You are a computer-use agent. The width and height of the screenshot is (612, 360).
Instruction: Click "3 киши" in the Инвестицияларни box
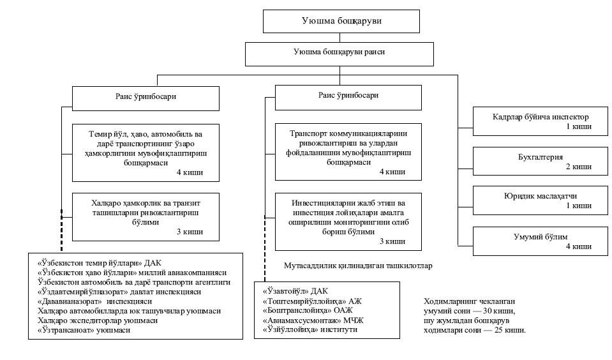pyautogui.click(x=392, y=241)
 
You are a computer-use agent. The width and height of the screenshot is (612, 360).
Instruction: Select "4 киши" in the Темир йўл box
pyautogui.click(x=190, y=172)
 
